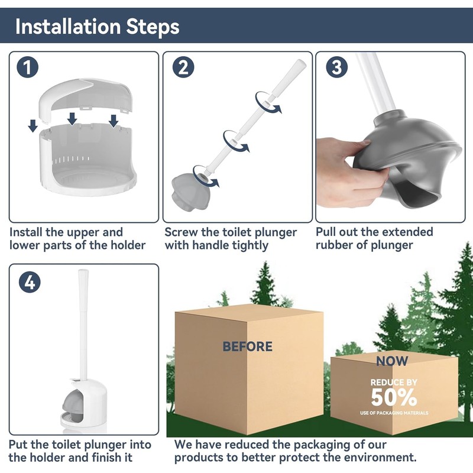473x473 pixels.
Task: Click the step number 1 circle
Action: [x=27, y=67]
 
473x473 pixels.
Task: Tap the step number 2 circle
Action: [x=183, y=67]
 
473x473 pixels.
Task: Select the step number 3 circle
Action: [x=336, y=67]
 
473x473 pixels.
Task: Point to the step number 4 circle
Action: [x=30, y=282]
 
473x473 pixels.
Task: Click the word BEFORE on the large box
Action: [x=247, y=346]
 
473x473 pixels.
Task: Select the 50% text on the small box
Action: [x=394, y=397]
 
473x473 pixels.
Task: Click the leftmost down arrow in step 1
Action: [x=33, y=125]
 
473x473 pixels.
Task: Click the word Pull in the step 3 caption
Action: [x=328, y=232]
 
